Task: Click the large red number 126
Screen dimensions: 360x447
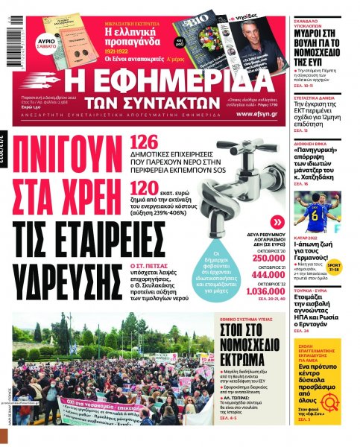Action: tap(143, 143)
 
